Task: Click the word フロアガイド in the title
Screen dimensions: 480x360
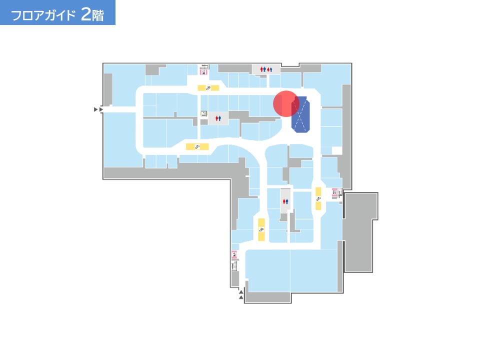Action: click(x=43, y=15)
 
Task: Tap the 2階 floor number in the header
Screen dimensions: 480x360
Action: click(x=92, y=14)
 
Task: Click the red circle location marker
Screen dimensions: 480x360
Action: click(x=286, y=103)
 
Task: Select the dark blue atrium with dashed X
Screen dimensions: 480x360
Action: click(x=300, y=114)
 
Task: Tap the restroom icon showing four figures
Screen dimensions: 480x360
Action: click(x=266, y=69)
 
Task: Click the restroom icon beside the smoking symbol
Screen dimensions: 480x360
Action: click(x=218, y=118)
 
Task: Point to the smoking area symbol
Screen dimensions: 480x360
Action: click(x=204, y=114)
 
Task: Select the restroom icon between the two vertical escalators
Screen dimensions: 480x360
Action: click(x=285, y=201)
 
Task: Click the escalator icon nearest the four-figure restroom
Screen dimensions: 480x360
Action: click(x=208, y=88)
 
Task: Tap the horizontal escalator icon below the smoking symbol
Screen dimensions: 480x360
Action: click(x=197, y=147)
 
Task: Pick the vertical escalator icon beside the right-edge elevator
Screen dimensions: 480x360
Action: click(x=318, y=198)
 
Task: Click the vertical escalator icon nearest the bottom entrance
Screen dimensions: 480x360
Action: click(x=261, y=229)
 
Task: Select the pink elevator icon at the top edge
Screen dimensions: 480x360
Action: click(x=203, y=72)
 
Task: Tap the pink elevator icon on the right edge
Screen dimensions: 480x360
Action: click(x=334, y=192)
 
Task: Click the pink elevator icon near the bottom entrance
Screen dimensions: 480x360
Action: click(x=234, y=254)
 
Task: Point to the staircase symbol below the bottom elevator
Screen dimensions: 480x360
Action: click(x=234, y=266)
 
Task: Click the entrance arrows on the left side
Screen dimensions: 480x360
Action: click(x=98, y=109)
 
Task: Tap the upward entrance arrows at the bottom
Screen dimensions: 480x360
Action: click(x=241, y=294)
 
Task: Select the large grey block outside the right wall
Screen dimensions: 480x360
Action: click(x=360, y=232)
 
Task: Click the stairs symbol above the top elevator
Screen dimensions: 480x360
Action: click(x=204, y=66)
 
